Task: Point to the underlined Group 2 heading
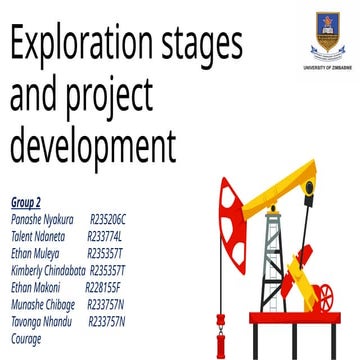[26, 203]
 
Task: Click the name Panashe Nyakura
[41, 216]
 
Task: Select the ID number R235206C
[109, 216]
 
